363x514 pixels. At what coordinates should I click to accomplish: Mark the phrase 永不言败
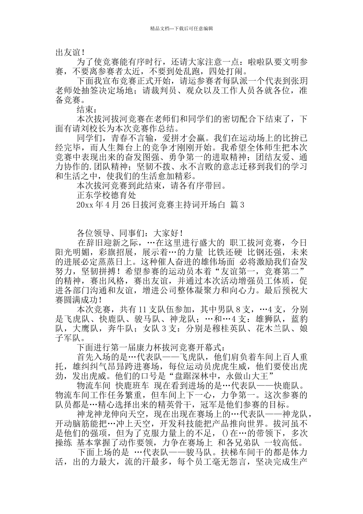click(209, 167)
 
